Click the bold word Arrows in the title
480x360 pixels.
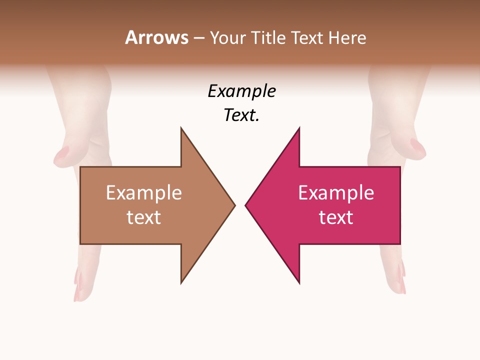pyautogui.click(x=156, y=37)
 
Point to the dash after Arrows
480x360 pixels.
pyautogui.click(x=198, y=38)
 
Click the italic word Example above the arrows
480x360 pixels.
pyautogui.click(x=242, y=91)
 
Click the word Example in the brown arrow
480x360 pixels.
pyautogui.click(x=144, y=193)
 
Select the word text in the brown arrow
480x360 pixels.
pyautogui.click(x=144, y=217)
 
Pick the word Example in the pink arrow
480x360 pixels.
pyautogui.click(x=336, y=193)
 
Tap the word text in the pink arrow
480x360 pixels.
pyautogui.click(x=336, y=217)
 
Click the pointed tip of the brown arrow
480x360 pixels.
pyautogui.click(x=234, y=205)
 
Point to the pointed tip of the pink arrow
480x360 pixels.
pyautogui.click(x=246, y=205)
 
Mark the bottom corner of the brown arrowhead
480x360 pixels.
pyautogui.click(x=181, y=282)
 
